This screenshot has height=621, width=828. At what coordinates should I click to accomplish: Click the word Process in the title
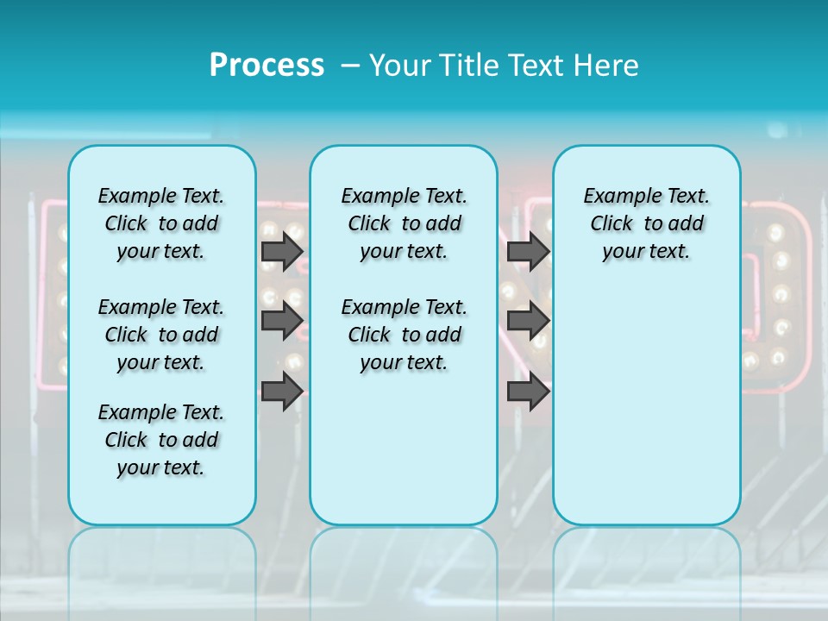click(267, 66)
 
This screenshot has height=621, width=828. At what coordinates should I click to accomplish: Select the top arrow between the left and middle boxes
click(281, 252)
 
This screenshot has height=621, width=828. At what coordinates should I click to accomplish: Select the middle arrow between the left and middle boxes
click(281, 321)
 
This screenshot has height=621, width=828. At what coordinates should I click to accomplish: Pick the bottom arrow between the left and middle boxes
click(281, 392)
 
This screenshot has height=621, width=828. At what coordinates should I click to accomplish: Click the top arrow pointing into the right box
click(528, 252)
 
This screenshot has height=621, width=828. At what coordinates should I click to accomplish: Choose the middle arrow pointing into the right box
click(528, 321)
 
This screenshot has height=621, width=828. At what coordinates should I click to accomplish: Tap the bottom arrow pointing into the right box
click(528, 392)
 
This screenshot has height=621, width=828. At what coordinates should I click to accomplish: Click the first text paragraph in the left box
click(161, 223)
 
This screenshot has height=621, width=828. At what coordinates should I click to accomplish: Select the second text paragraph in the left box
click(161, 335)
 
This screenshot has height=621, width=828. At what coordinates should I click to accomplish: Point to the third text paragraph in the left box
click(161, 440)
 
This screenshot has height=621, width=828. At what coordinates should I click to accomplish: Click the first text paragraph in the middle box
click(404, 223)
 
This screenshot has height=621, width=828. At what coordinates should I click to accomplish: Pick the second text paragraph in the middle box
click(404, 335)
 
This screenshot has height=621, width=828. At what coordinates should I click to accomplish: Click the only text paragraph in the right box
click(646, 223)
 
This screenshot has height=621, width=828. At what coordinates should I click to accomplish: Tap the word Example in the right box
click(615, 197)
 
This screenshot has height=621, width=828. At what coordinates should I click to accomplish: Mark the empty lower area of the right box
click(646, 405)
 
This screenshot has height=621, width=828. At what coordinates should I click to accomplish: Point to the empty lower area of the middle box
click(404, 448)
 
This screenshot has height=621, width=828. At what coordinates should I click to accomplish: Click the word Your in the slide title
click(398, 66)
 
